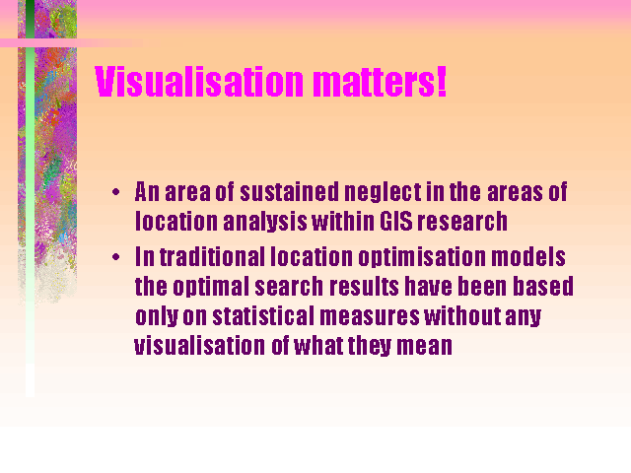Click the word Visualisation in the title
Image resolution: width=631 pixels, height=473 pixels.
(199, 82)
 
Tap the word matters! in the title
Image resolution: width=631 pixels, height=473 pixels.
(380, 82)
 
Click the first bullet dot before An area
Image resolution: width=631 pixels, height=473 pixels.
(116, 192)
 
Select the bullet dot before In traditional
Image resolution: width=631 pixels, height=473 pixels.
(116, 256)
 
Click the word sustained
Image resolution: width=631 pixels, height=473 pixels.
(290, 191)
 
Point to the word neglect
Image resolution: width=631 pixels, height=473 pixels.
(383, 193)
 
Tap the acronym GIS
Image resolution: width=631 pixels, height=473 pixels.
(396, 221)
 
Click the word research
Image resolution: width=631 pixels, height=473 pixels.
(462, 221)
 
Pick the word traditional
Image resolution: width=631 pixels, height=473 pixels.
(213, 256)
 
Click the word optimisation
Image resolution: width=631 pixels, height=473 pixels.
(422, 257)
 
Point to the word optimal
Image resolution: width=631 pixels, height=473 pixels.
(211, 287)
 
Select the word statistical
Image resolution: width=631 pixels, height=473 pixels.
(263, 315)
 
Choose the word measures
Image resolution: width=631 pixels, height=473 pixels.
(370, 317)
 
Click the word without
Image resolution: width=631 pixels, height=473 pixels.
(462, 315)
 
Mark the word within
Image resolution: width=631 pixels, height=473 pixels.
(343, 221)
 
